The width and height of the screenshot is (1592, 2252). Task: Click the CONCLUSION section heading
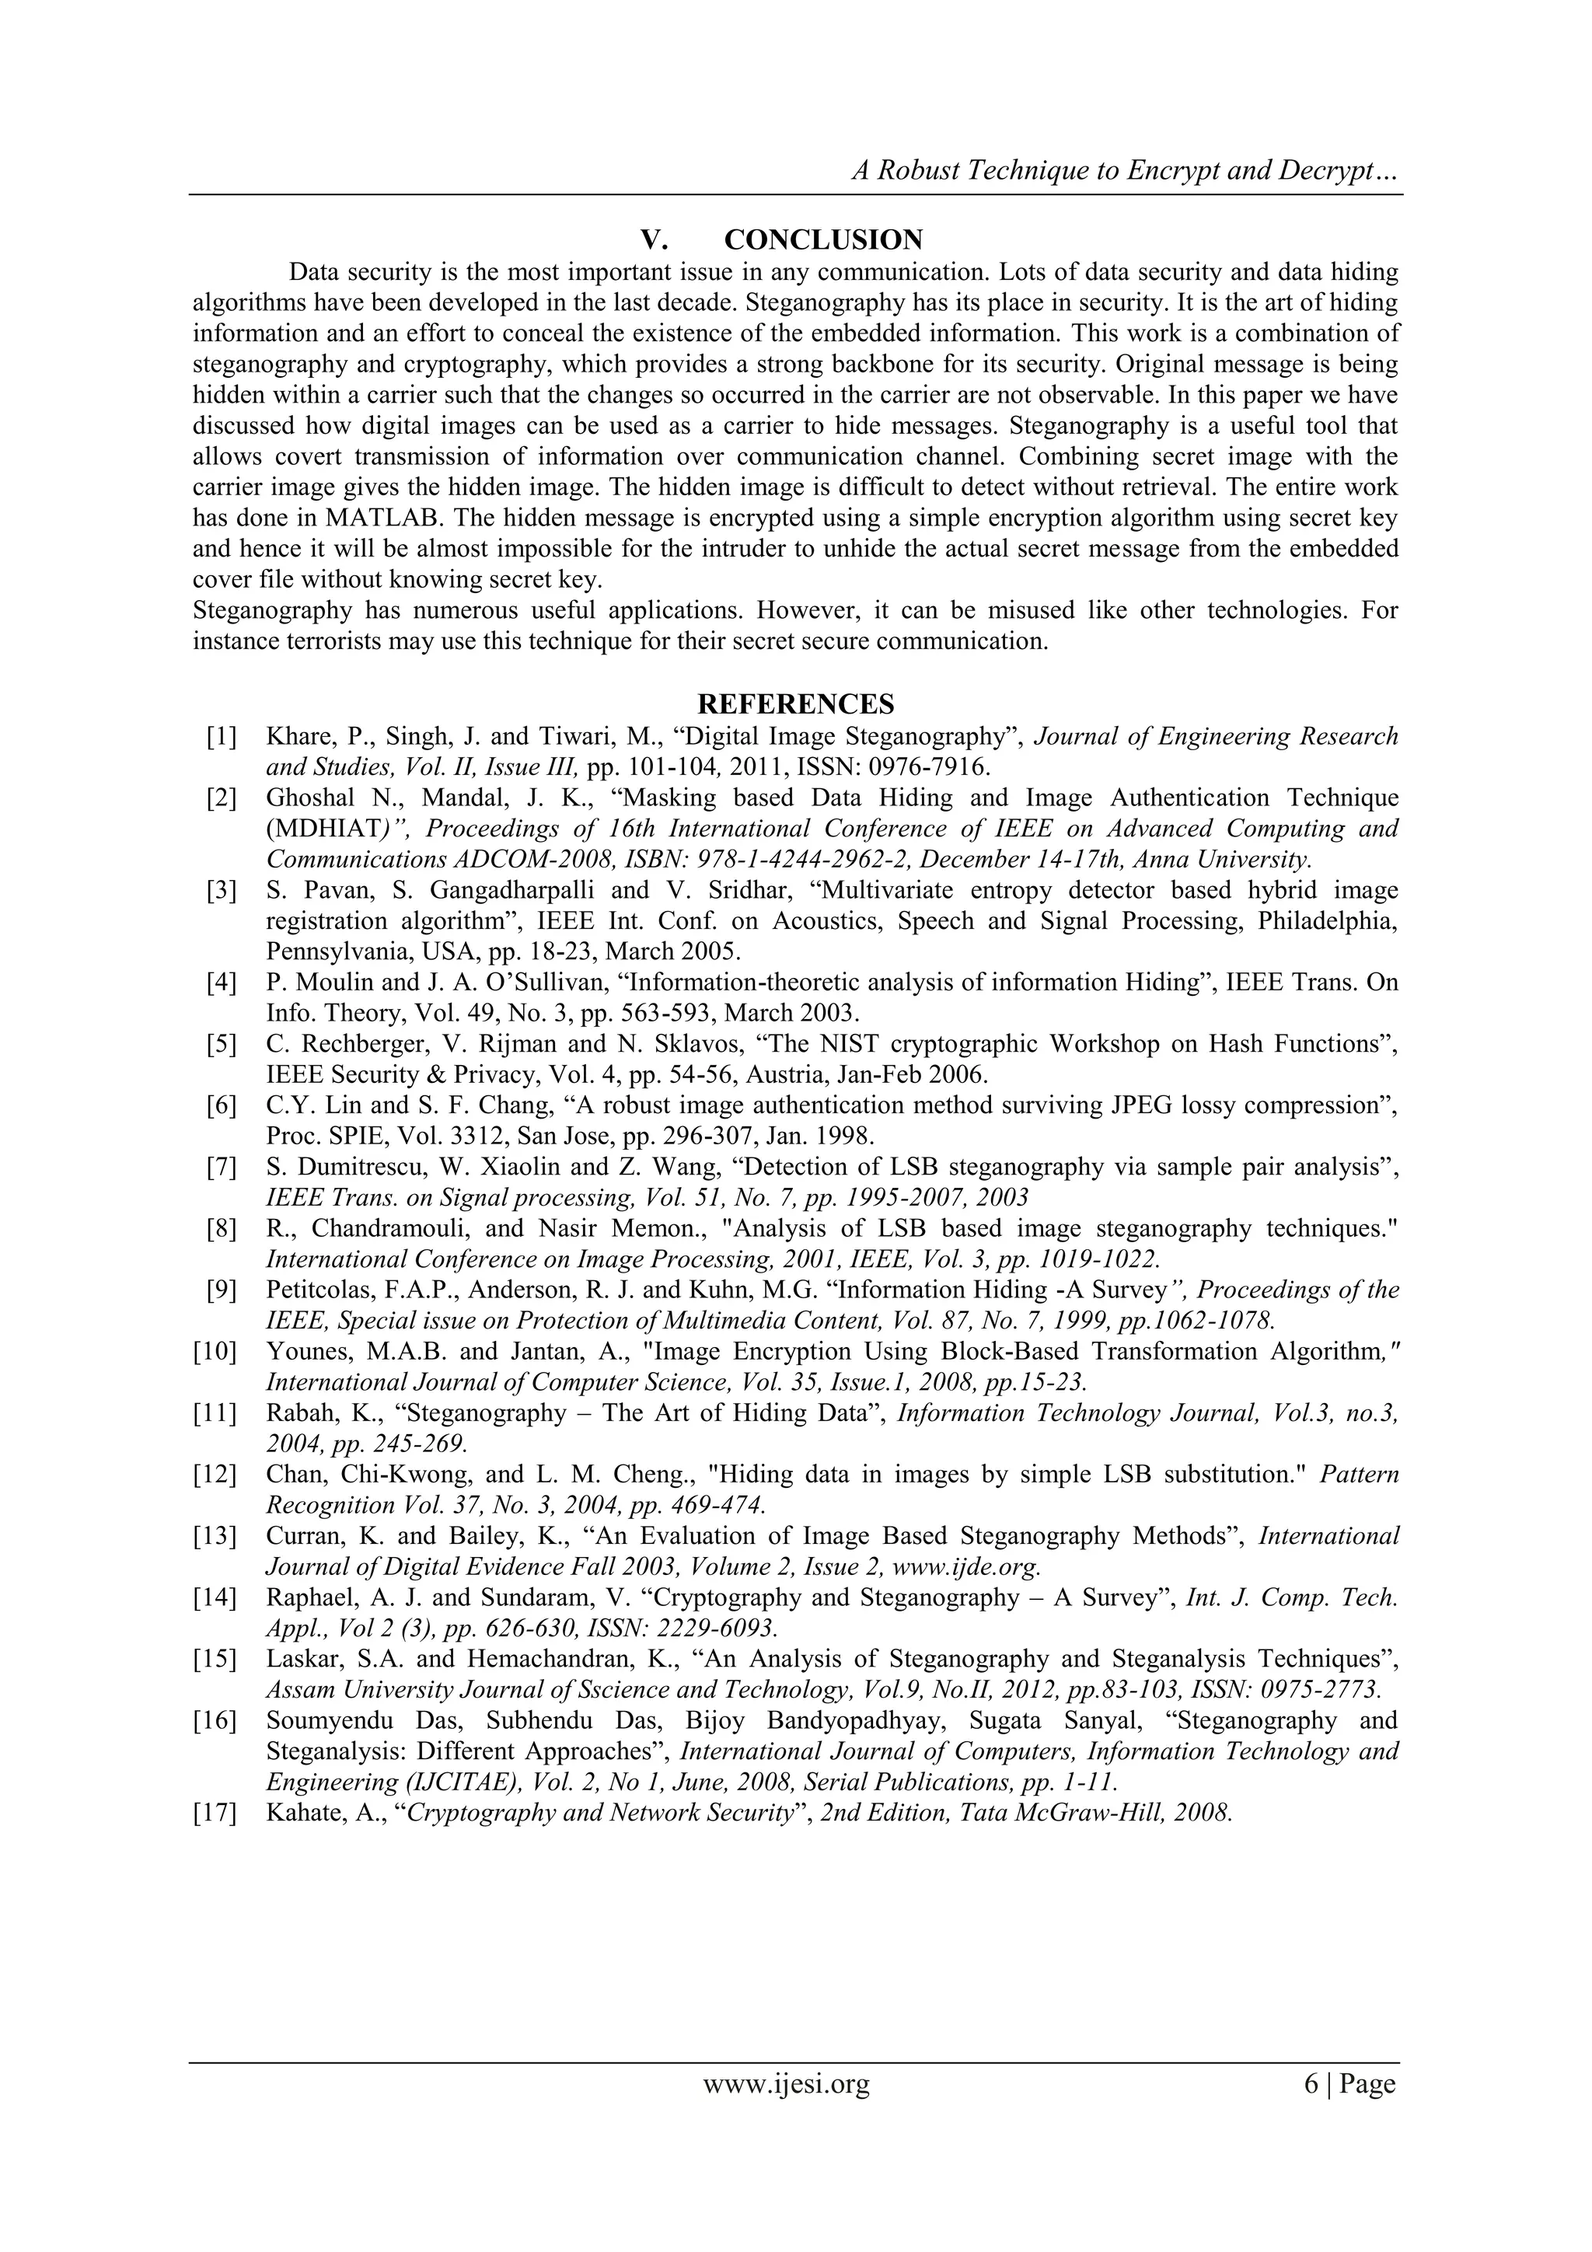[x=823, y=239]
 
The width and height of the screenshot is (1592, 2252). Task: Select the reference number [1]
[x=222, y=737]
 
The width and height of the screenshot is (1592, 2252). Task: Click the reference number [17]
[x=216, y=1813]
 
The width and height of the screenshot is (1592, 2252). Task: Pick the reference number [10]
[x=216, y=1352]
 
